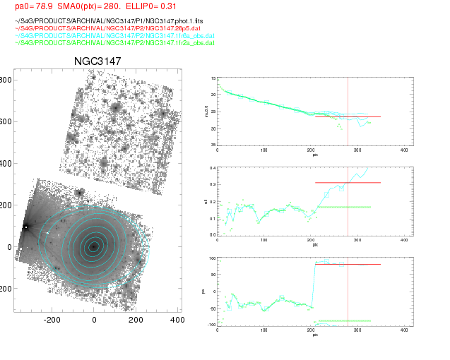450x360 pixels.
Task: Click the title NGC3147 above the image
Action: click(97, 61)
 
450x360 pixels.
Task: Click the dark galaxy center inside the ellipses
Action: click(93, 246)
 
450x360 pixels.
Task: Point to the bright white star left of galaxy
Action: click(26, 227)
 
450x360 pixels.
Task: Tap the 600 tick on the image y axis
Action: click(6, 122)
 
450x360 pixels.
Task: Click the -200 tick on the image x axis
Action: click(52, 320)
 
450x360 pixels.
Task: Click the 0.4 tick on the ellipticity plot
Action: click(213, 168)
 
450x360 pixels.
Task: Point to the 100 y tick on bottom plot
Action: click(212, 258)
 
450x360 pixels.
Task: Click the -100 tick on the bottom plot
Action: click(211, 325)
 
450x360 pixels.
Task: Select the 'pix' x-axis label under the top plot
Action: click(315, 155)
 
